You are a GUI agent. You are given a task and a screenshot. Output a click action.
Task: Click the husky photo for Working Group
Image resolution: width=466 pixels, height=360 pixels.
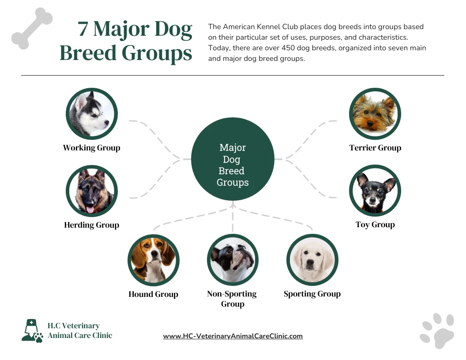click(92, 114)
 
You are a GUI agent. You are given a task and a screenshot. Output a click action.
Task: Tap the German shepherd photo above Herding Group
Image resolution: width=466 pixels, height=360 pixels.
click(92, 191)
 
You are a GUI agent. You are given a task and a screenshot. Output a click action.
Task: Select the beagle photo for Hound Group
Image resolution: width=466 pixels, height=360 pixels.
click(153, 260)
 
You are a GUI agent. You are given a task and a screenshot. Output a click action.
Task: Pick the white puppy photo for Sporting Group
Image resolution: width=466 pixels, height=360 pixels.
click(312, 260)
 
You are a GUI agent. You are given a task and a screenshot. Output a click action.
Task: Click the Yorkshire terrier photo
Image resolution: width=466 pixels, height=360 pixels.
click(375, 114)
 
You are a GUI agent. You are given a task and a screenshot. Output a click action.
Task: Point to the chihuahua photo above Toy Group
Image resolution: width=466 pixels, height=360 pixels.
click(375, 191)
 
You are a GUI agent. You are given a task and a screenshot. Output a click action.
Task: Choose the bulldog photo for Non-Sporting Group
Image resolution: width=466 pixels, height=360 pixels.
click(233, 260)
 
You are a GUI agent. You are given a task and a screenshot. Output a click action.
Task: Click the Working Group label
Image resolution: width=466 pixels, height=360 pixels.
click(92, 148)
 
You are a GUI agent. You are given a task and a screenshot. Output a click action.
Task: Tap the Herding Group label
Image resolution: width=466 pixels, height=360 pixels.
click(92, 225)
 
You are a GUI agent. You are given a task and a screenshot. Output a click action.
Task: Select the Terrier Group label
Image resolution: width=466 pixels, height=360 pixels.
click(375, 148)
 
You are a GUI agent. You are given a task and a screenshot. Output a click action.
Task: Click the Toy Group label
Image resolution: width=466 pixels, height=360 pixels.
click(375, 225)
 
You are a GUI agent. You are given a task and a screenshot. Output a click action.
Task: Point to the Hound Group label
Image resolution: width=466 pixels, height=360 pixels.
click(153, 294)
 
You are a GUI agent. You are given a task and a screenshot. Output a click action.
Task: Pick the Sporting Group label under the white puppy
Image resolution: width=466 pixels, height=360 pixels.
click(312, 294)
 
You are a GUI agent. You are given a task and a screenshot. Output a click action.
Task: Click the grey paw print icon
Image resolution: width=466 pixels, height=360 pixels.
click(437, 330)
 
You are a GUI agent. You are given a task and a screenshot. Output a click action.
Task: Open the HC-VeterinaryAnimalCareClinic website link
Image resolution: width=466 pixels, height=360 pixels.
click(233, 336)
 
